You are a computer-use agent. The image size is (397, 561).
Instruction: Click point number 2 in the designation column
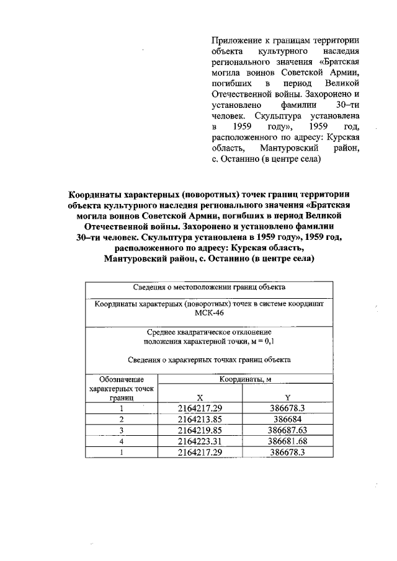point(122,419)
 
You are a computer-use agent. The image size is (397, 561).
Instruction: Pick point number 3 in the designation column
point(122,430)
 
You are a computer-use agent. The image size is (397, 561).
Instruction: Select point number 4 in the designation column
point(122,441)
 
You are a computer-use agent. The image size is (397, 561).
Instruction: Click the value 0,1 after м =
point(269,341)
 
